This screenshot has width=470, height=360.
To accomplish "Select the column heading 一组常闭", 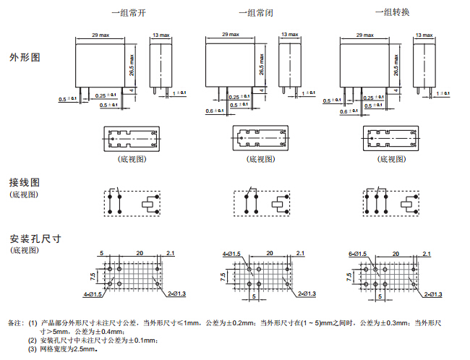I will (255, 12).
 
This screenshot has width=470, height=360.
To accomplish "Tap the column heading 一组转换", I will (390, 12).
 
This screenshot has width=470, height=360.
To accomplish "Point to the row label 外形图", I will (25, 56).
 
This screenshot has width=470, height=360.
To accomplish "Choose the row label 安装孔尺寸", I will (34, 239).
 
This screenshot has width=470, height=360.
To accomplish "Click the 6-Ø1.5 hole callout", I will (357, 253).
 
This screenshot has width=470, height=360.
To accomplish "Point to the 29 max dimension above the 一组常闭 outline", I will (231, 35).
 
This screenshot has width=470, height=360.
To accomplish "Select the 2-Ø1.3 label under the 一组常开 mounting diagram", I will (176, 293).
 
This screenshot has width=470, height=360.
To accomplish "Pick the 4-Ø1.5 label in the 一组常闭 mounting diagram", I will (232, 253).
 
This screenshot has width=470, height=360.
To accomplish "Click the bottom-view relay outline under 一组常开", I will (131, 137).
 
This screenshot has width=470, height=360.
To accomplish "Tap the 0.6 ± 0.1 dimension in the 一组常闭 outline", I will (214, 111).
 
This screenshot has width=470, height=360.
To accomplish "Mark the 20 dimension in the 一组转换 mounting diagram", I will (396, 253).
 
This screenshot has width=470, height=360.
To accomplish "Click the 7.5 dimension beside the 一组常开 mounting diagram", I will (93, 277).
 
